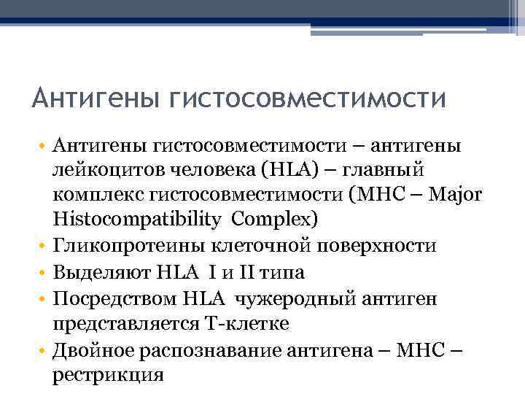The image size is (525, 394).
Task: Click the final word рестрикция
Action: [x=107, y=376]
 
